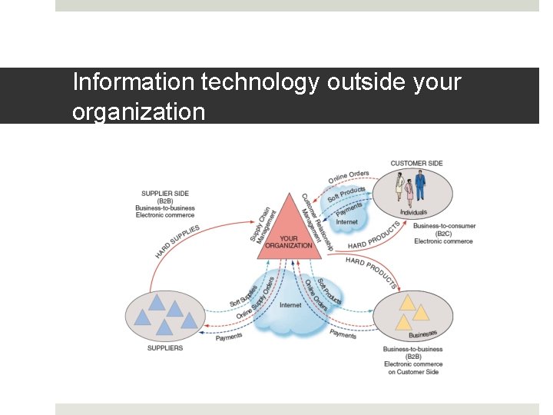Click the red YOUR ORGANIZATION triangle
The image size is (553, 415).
tap(289, 230)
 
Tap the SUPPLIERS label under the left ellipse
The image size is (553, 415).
tap(165, 348)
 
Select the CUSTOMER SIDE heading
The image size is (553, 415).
tap(416, 163)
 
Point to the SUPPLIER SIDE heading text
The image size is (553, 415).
tap(165, 193)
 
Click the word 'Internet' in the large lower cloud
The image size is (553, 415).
tap(290, 305)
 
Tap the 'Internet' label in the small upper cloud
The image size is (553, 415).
tap(346, 222)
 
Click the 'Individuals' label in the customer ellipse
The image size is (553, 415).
tap(413, 212)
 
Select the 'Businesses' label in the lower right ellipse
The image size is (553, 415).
tap(422, 334)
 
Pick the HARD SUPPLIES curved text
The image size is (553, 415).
tap(177, 241)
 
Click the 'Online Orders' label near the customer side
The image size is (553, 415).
tap(349, 178)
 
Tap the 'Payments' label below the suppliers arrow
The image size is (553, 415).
tap(229, 337)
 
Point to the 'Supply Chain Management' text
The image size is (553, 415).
tap(263, 224)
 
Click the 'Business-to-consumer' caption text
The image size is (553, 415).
tap(444, 226)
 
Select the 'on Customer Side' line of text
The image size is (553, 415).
tap(413, 372)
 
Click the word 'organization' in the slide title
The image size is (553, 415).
tap(139, 112)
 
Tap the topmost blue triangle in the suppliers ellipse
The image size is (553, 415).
tap(156, 302)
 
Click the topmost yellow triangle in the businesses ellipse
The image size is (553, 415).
tap(407, 301)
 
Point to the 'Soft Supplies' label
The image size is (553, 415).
tap(243, 295)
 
